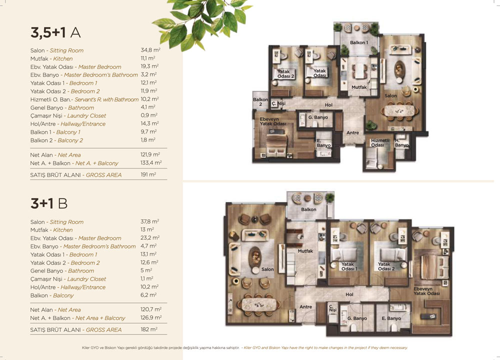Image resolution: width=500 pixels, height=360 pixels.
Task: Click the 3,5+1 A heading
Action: coord(55,33)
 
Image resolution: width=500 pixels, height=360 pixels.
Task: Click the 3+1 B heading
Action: coord(49,203)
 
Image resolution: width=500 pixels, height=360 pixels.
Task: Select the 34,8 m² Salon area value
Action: coord(150,50)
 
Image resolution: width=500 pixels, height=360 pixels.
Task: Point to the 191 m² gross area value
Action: coord(148,174)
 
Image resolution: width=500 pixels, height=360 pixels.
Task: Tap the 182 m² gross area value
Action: coord(149,329)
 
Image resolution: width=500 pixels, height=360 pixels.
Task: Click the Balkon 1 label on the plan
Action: coord(358,42)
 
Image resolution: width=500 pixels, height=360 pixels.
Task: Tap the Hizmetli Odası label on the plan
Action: coord(380,142)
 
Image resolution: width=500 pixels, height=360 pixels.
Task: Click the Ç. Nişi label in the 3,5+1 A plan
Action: coord(278,103)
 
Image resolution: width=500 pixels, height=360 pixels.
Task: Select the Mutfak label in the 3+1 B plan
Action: coord(305,251)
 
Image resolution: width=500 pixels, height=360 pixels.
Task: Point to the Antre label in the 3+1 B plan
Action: coord(305,306)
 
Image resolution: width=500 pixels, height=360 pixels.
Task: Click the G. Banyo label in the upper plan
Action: coord(318,117)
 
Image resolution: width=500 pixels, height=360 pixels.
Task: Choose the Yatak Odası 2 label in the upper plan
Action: coord(285,73)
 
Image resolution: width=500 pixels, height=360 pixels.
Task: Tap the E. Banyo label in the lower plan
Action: coord(391,318)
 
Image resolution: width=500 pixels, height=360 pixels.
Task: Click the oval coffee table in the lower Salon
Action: coord(255,257)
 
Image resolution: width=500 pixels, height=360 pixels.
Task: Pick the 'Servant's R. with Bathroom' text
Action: coord(106,99)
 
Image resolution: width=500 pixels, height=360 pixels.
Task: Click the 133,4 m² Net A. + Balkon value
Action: coord(151,163)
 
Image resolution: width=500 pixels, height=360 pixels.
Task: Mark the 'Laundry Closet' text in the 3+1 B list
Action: coord(86,279)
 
